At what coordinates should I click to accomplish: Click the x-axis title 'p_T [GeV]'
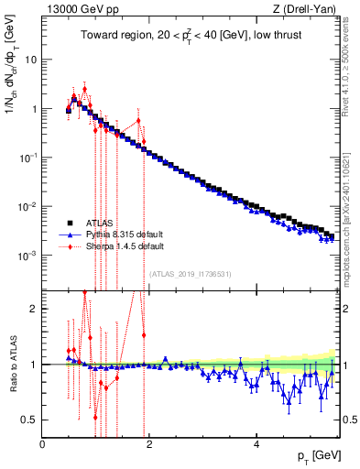coord(314,455)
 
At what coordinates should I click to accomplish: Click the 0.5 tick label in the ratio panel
coord(29,420)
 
